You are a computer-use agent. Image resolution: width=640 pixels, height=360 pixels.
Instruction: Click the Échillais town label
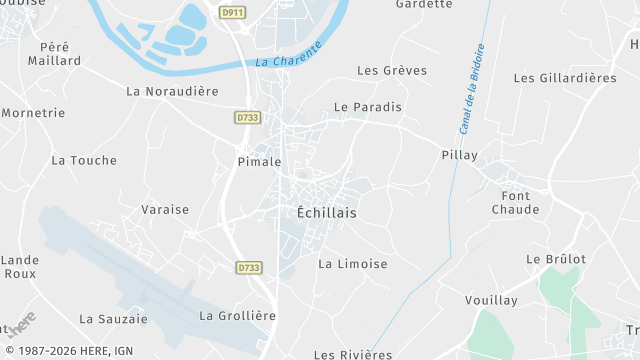[x=327, y=213]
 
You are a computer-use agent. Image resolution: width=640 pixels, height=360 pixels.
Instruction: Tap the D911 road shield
[x=232, y=12]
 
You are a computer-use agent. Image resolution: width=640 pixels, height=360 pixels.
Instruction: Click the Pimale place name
[x=258, y=161]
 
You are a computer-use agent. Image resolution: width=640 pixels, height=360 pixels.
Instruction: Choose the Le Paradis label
[x=368, y=107]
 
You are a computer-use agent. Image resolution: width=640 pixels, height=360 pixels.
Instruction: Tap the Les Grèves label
[x=392, y=71]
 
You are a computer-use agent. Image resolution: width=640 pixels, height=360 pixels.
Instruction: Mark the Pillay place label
[x=460, y=155]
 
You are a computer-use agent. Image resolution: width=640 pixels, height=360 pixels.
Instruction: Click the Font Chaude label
[x=516, y=202]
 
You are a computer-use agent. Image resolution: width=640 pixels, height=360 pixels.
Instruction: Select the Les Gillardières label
[x=565, y=78]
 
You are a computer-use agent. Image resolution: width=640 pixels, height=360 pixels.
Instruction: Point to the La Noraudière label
[x=172, y=91]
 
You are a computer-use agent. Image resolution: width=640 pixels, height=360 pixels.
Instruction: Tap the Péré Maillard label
[x=60, y=53]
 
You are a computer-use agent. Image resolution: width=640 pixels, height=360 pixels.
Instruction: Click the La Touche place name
[x=84, y=160]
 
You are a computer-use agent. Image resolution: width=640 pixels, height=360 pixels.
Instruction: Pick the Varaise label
[x=165, y=209]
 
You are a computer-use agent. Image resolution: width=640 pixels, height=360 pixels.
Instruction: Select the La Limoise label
[x=352, y=264]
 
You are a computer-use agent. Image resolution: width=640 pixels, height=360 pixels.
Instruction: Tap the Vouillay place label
[x=490, y=300]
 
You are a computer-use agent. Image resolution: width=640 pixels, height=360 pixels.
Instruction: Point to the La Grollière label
[x=237, y=315]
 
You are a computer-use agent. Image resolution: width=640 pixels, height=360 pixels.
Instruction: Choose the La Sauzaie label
[x=113, y=319]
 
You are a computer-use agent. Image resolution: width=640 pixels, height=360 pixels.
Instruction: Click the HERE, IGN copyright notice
[x=67, y=352]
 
